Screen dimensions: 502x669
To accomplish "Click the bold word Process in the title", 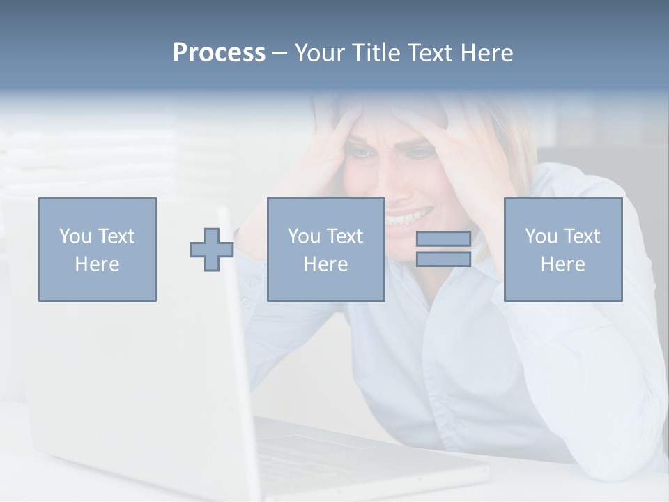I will pyautogui.click(x=219, y=53).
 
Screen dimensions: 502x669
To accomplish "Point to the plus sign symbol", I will pyautogui.click(x=212, y=249).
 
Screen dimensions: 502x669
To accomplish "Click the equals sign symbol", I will pyautogui.click(x=443, y=249).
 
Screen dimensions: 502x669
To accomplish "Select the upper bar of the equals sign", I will pyautogui.click(x=443, y=238).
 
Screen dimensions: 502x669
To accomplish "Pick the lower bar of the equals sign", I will pyautogui.click(x=443, y=259).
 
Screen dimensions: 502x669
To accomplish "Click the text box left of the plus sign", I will pyautogui.click(x=98, y=249).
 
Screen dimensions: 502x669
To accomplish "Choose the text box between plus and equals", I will pyautogui.click(x=326, y=249).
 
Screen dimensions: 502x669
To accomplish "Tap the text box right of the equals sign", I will pyautogui.click(x=563, y=249).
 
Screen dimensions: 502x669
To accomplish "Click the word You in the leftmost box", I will pyautogui.click(x=75, y=236).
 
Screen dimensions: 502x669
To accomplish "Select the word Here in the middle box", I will pyautogui.click(x=326, y=264).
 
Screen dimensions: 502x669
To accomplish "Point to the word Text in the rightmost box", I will pyautogui.click(x=582, y=236).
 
